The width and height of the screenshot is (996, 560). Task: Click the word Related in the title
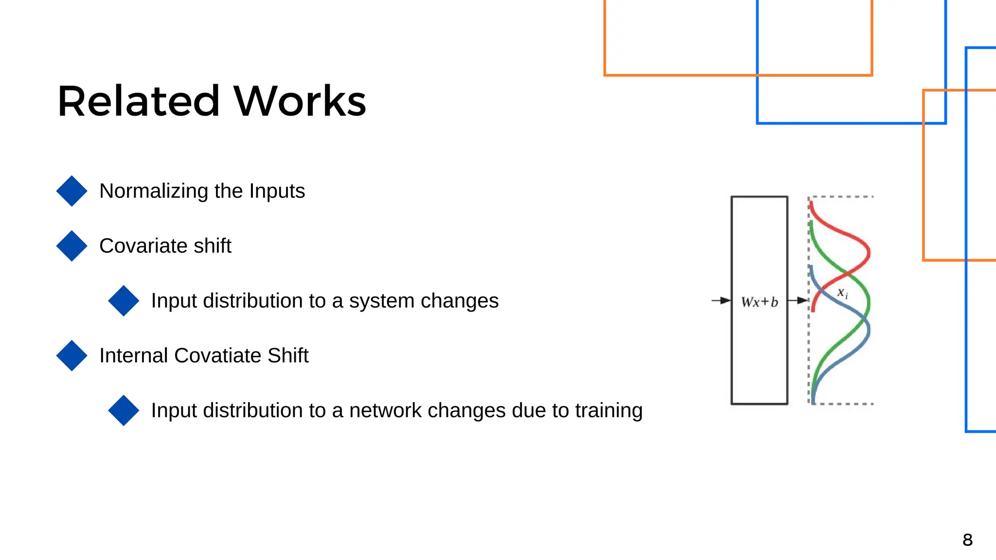click(139, 101)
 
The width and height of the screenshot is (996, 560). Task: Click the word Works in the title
click(300, 101)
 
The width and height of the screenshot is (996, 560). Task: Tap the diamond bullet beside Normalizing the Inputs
click(71, 191)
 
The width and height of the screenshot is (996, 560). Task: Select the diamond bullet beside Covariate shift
click(71, 246)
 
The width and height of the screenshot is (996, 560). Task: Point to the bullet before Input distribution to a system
click(124, 301)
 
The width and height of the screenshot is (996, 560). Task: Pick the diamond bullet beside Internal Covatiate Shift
click(71, 356)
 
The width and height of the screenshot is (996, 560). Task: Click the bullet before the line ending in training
click(124, 411)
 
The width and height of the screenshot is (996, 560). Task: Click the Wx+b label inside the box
click(759, 302)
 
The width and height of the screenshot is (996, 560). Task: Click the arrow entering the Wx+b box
click(721, 300)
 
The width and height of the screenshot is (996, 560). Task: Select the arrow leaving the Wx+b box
click(798, 300)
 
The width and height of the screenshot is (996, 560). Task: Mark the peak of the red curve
click(869, 252)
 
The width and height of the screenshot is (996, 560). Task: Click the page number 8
click(967, 540)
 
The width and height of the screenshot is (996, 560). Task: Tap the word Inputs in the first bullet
click(277, 191)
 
